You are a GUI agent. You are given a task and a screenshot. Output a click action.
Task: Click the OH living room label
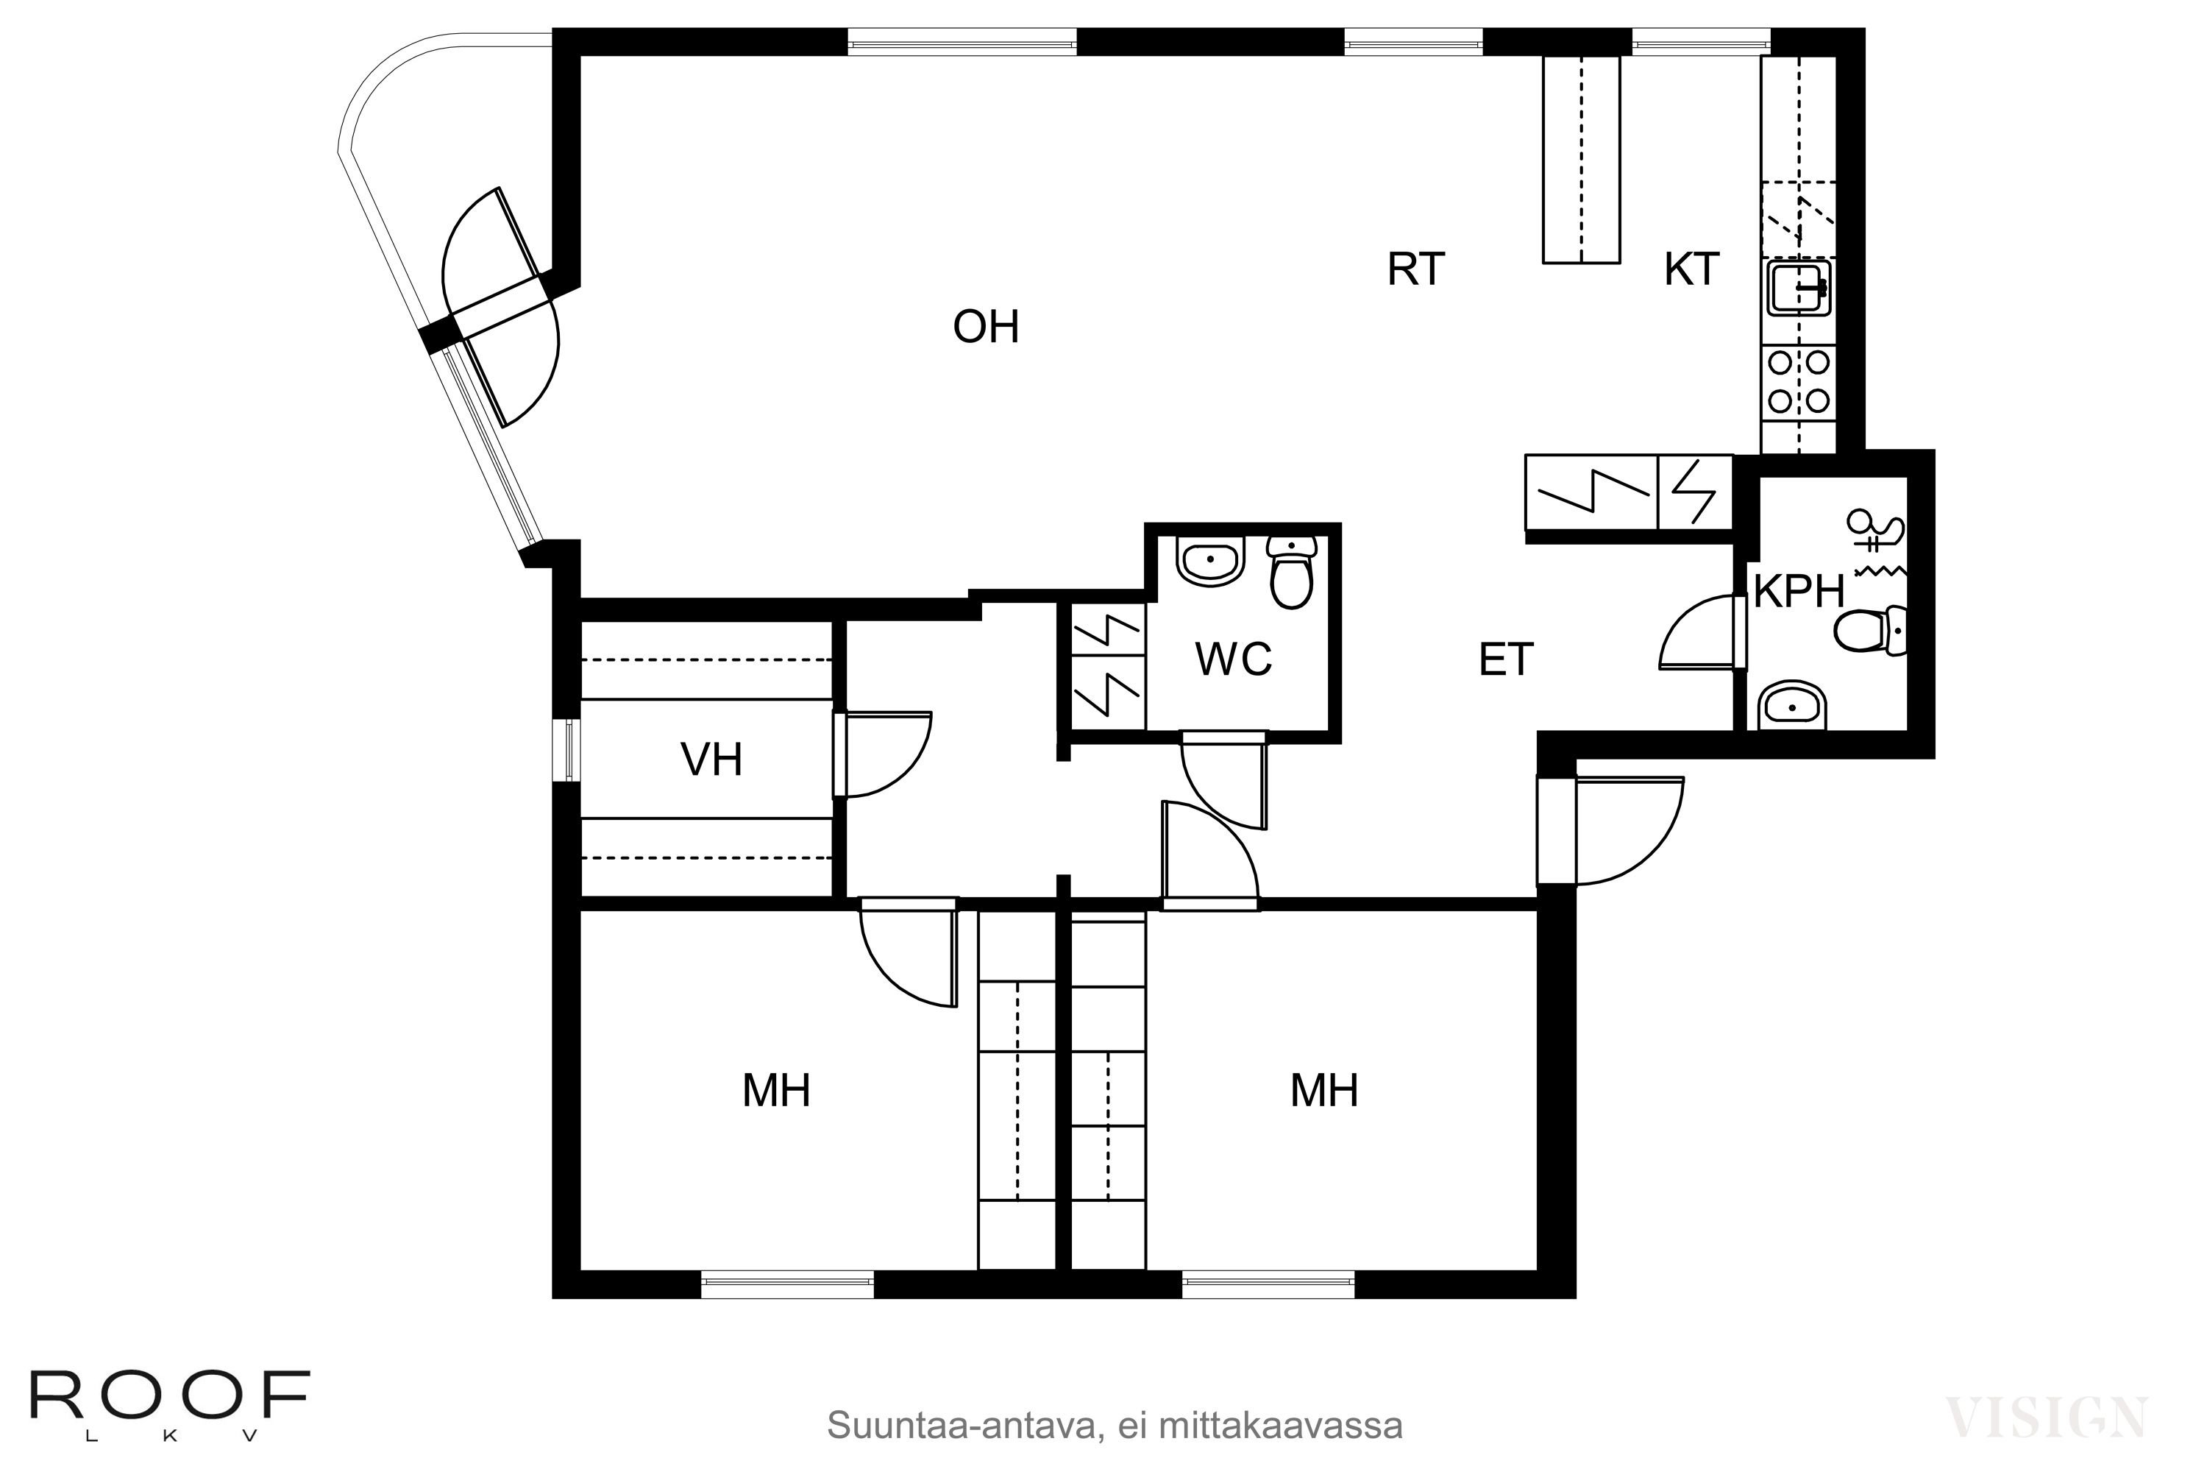pos(985,328)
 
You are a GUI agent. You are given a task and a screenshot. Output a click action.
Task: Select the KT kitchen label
pos(1691,269)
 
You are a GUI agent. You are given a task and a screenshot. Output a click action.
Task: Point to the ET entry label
pos(1505,661)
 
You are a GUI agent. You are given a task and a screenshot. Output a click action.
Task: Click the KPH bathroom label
pos(1799,592)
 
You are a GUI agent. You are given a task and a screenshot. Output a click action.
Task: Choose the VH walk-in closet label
pos(711,760)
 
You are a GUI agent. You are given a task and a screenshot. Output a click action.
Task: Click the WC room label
pos(1233,660)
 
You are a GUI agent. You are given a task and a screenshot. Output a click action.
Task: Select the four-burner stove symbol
pos(1799,382)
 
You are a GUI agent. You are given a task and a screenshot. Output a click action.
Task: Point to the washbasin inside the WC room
pos(1210,562)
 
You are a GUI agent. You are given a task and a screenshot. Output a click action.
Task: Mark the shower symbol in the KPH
pos(1877,536)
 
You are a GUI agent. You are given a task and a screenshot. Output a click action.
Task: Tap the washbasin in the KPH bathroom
pos(1792,705)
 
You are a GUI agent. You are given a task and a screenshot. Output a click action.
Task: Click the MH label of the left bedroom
pos(776,1091)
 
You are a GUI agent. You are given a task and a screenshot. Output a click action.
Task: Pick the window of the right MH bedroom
pos(1268,1284)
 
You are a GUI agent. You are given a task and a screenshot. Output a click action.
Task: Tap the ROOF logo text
pos(170,1396)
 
